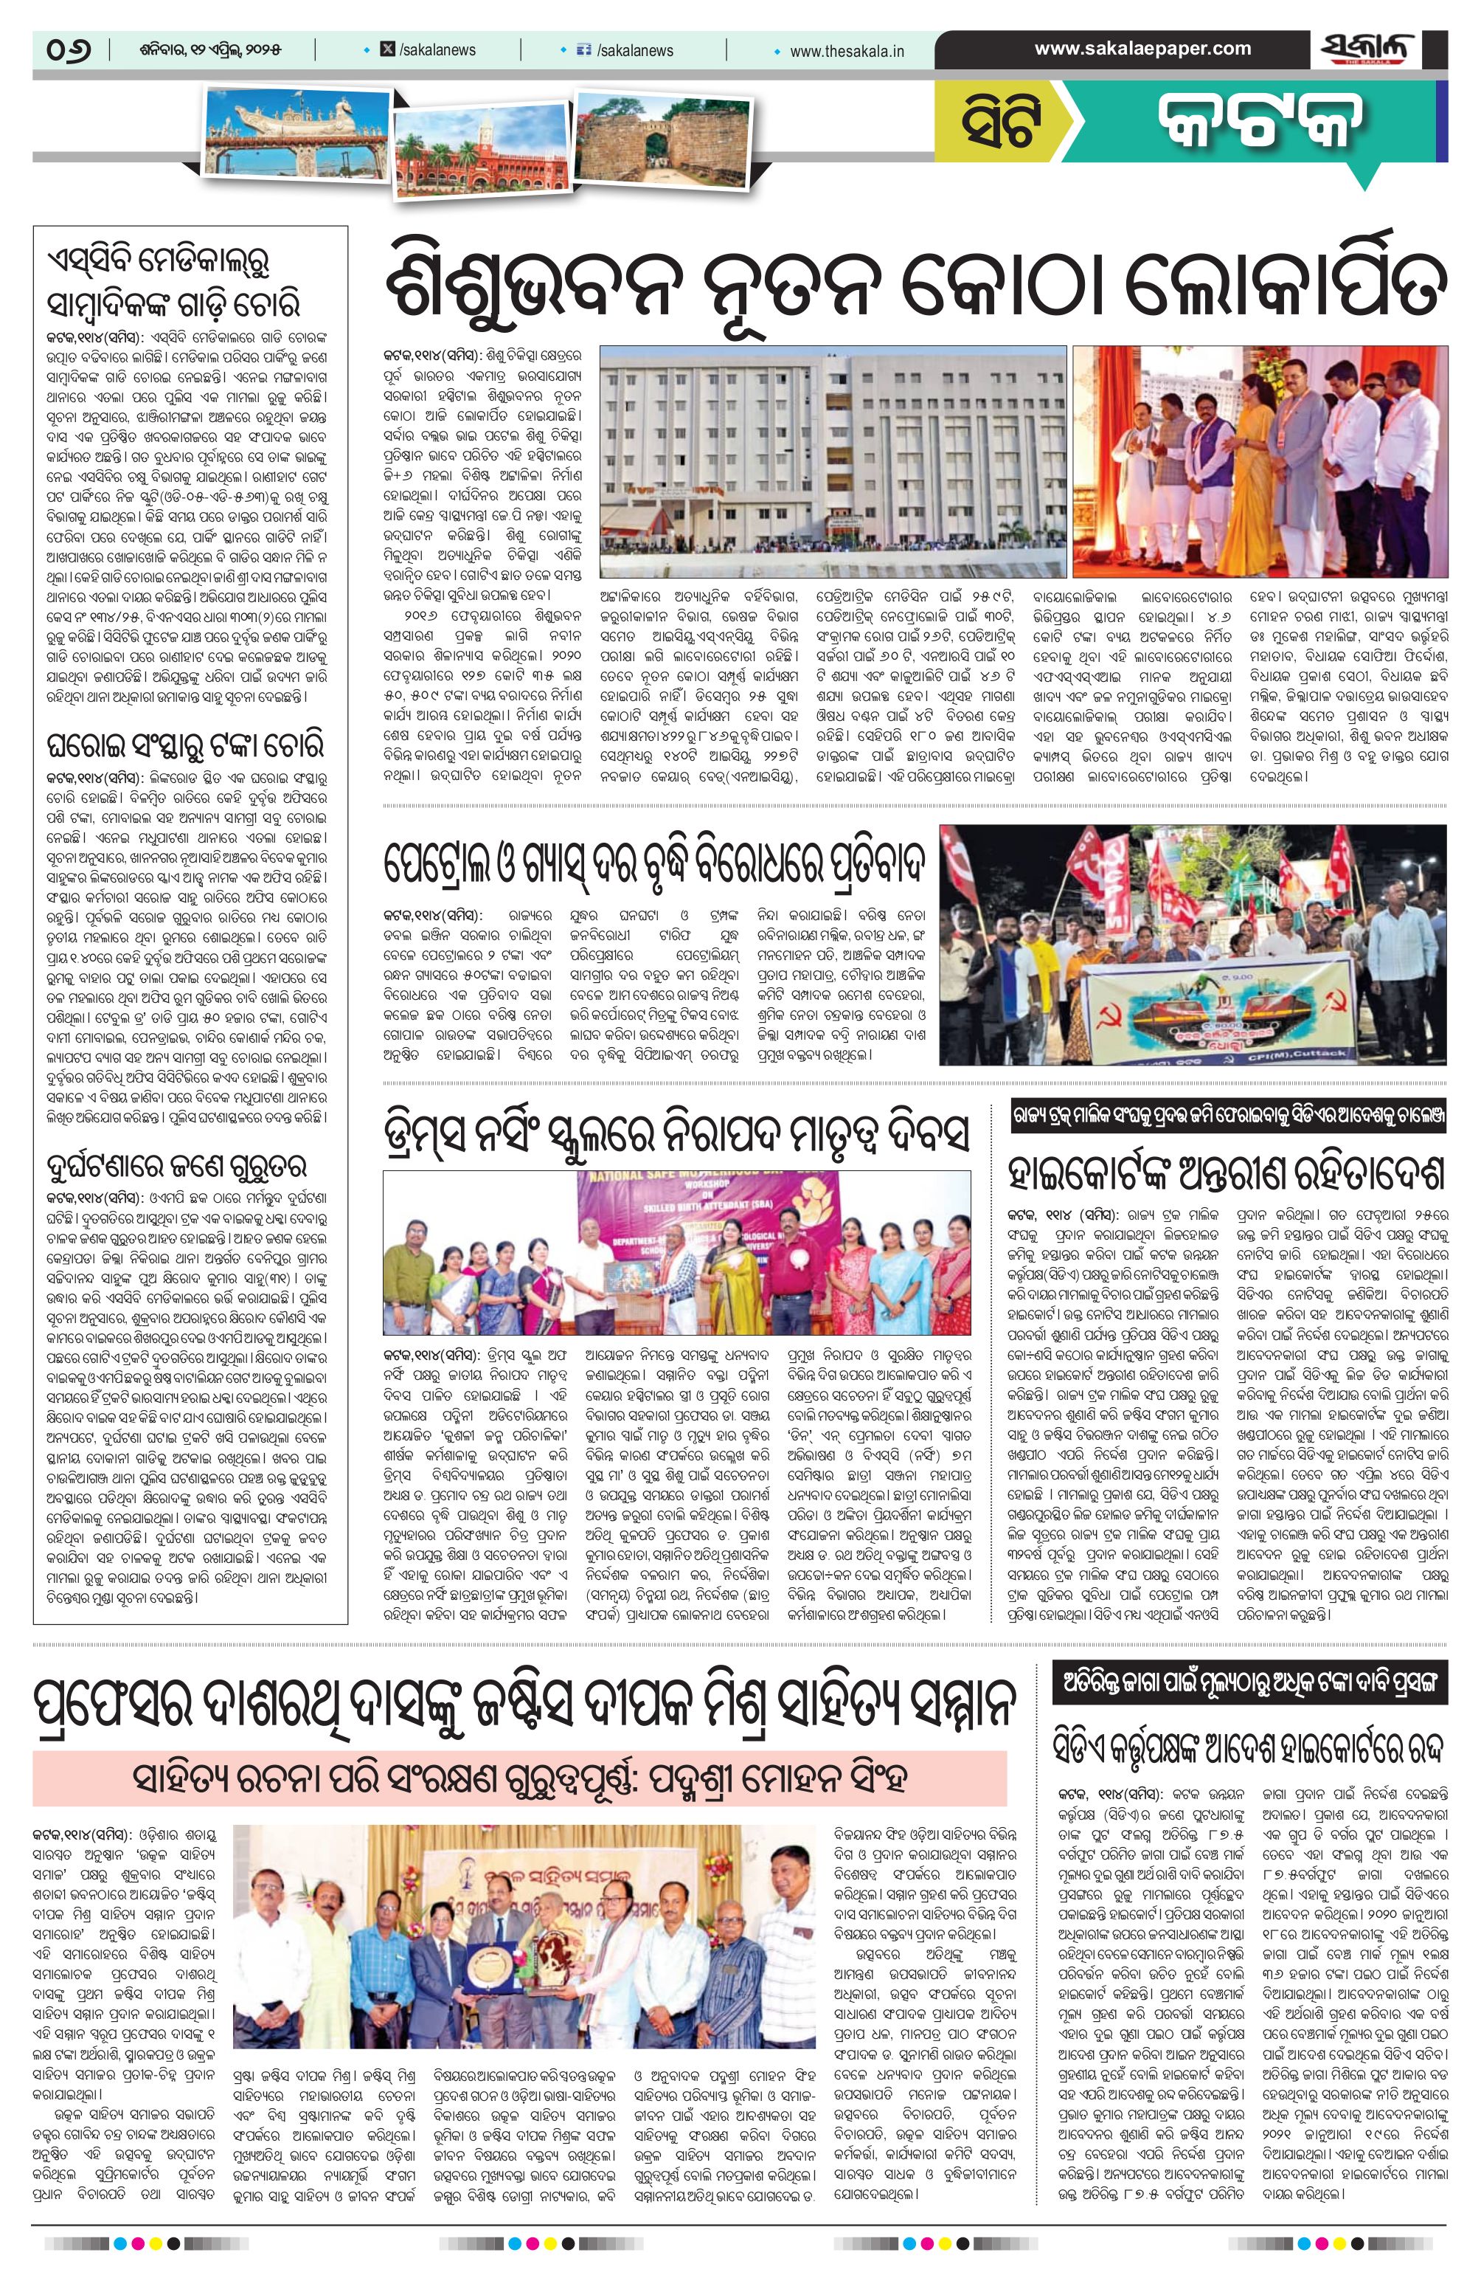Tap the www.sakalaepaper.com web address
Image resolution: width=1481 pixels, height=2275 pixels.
[1142, 49]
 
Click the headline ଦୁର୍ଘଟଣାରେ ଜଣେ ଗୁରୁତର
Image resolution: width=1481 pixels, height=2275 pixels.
[172, 1166]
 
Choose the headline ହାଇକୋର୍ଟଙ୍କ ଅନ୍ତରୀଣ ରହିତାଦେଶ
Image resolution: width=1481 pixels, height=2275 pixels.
[1227, 1173]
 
